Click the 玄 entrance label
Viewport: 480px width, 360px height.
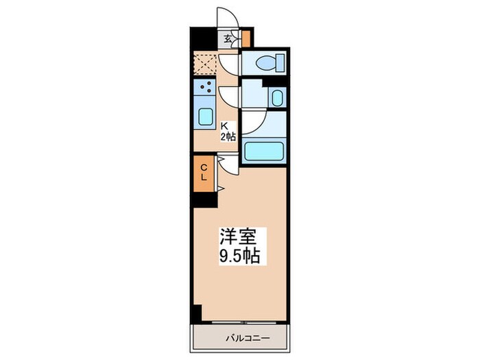[x=227, y=39]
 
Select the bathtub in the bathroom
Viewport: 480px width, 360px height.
[x=264, y=150]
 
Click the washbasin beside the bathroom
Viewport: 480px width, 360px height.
[x=276, y=97]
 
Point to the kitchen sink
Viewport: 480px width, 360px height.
[x=205, y=115]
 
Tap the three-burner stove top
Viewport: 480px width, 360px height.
[x=204, y=87]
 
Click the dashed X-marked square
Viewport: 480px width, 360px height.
[x=205, y=62]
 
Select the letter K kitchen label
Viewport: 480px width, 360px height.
[x=224, y=125]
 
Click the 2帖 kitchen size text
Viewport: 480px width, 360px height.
[x=228, y=136]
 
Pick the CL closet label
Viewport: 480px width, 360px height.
[x=204, y=171]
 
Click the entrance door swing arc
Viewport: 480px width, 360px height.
[x=226, y=19]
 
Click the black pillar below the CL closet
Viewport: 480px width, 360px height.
[x=204, y=200]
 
